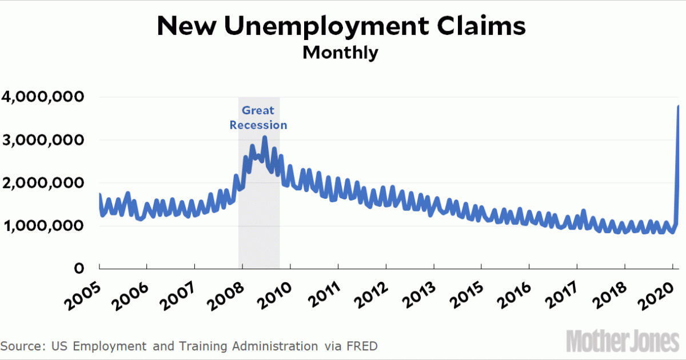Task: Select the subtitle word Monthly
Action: click(340, 53)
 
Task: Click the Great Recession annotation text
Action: click(258, 117)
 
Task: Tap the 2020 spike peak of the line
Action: click(679, 106)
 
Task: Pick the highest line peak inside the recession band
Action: click(265, 137)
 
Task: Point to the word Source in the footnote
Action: click(24, 346)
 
